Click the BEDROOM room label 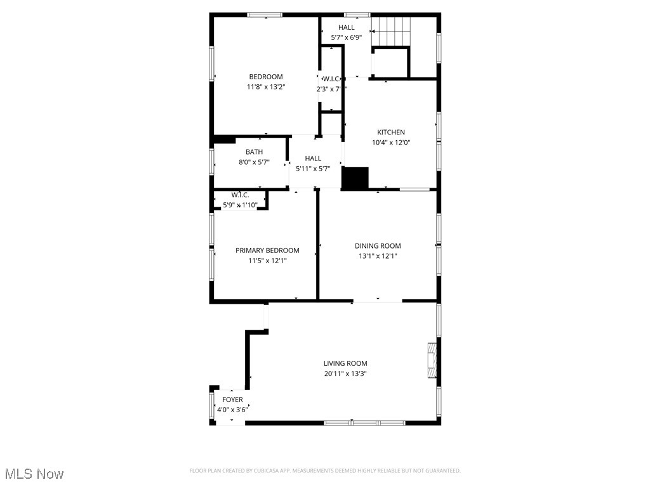(x=266, y=77)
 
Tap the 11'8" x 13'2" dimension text (x=266, y=88)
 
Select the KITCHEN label (x=391, y=133)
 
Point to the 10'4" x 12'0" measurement (x=391, y=143)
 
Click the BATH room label (x=254, y=152)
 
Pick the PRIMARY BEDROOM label (x=267, y=250)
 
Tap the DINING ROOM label (x=378, y=246)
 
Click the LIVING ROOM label (x=345, y=363)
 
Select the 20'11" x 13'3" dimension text (x=345, y=373)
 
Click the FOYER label (x=232, y=399)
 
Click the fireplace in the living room (x=432, y=361)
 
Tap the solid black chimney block (x=355, y=178)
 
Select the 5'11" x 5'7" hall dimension (x=313, y=169)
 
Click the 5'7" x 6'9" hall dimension (x=347, y=37)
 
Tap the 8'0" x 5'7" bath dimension (x=254, y=162)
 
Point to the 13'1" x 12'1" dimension (x=378, y=256)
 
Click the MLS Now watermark (x=34, y=474)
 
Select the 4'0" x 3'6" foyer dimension (x=232, y=410)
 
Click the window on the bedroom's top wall (x=265, y=15)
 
